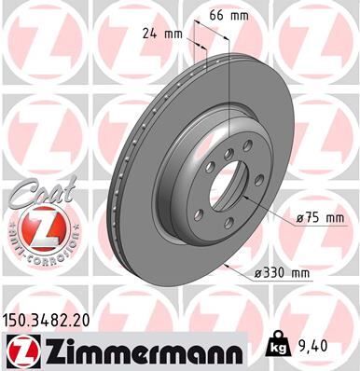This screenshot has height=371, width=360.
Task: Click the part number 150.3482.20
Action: tap(48, 319)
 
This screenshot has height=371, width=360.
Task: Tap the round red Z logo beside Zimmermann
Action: tap(20, 350)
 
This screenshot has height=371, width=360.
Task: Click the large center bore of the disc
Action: tap(225, 187)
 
